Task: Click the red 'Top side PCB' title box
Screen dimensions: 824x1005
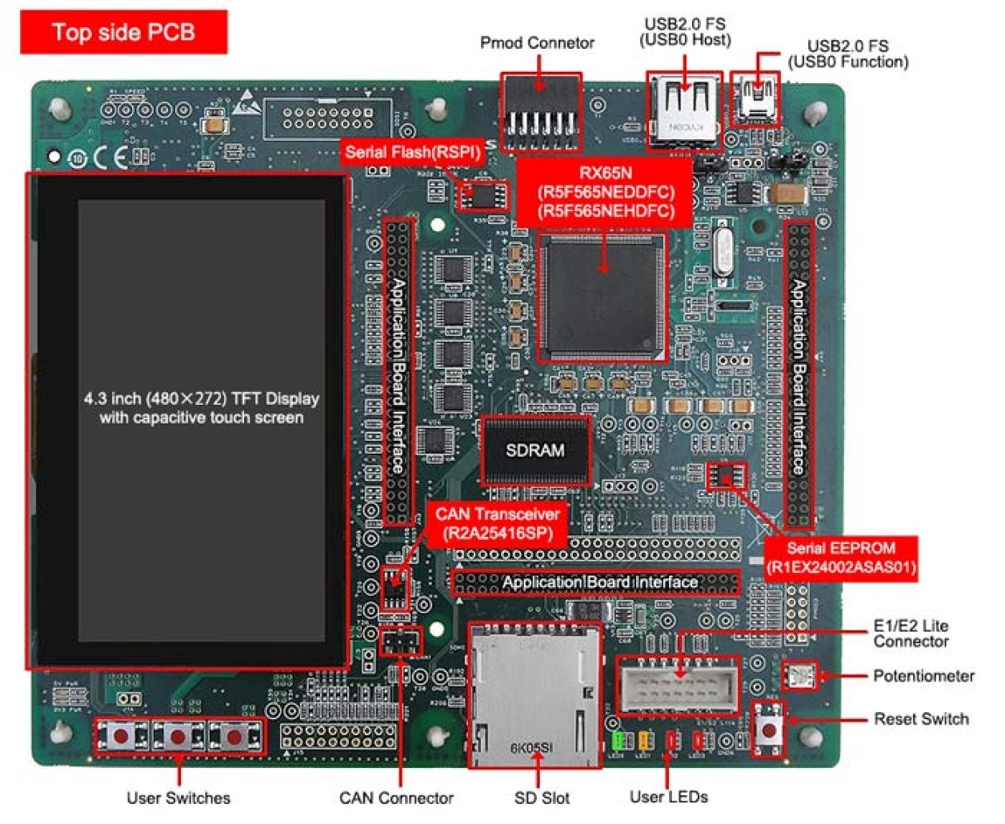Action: pos(123,32)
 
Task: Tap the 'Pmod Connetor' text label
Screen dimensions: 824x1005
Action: pos(537,43)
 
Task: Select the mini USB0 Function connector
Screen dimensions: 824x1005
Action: pos(755,100)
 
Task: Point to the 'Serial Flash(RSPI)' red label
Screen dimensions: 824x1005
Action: pos(413,152)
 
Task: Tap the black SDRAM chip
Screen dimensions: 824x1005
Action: pos(535,450)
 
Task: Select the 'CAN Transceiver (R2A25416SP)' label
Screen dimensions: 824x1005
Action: pos(497,523)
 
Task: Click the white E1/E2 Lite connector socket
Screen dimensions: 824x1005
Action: pos(679,685)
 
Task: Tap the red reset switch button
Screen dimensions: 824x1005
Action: pos(770,729)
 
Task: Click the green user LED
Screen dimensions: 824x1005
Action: pos(617,740)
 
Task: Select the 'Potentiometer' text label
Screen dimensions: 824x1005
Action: pos(923,676)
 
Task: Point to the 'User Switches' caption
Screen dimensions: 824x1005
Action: pos(178,798)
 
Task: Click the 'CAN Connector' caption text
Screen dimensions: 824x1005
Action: pos(396,798)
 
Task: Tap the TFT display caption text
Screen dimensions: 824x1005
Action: pos(201,408)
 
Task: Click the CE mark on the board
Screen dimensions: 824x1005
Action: pos(110,158)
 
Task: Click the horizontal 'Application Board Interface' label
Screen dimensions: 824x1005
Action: pos(599,582)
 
